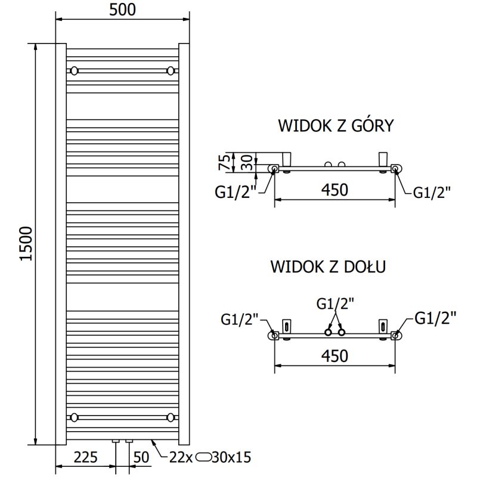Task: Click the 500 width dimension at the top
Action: click(x=123, y=10)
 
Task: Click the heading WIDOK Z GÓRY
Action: click(x=335, y=126)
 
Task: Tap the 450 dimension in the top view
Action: click(x=334, y=190)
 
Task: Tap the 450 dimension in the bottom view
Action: click(x=334, y=355)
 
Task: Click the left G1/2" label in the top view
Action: click(x=234, y=192)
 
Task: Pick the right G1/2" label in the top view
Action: click(x=432, y=192)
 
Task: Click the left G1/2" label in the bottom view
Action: click(x=239, y=320)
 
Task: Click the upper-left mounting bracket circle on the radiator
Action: click(x=74, y=71)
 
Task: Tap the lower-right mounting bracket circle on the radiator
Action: click(x=171, y=417)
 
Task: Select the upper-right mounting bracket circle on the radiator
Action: click(x=171, y=71)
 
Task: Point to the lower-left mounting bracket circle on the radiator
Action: click(x=74, y=417)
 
